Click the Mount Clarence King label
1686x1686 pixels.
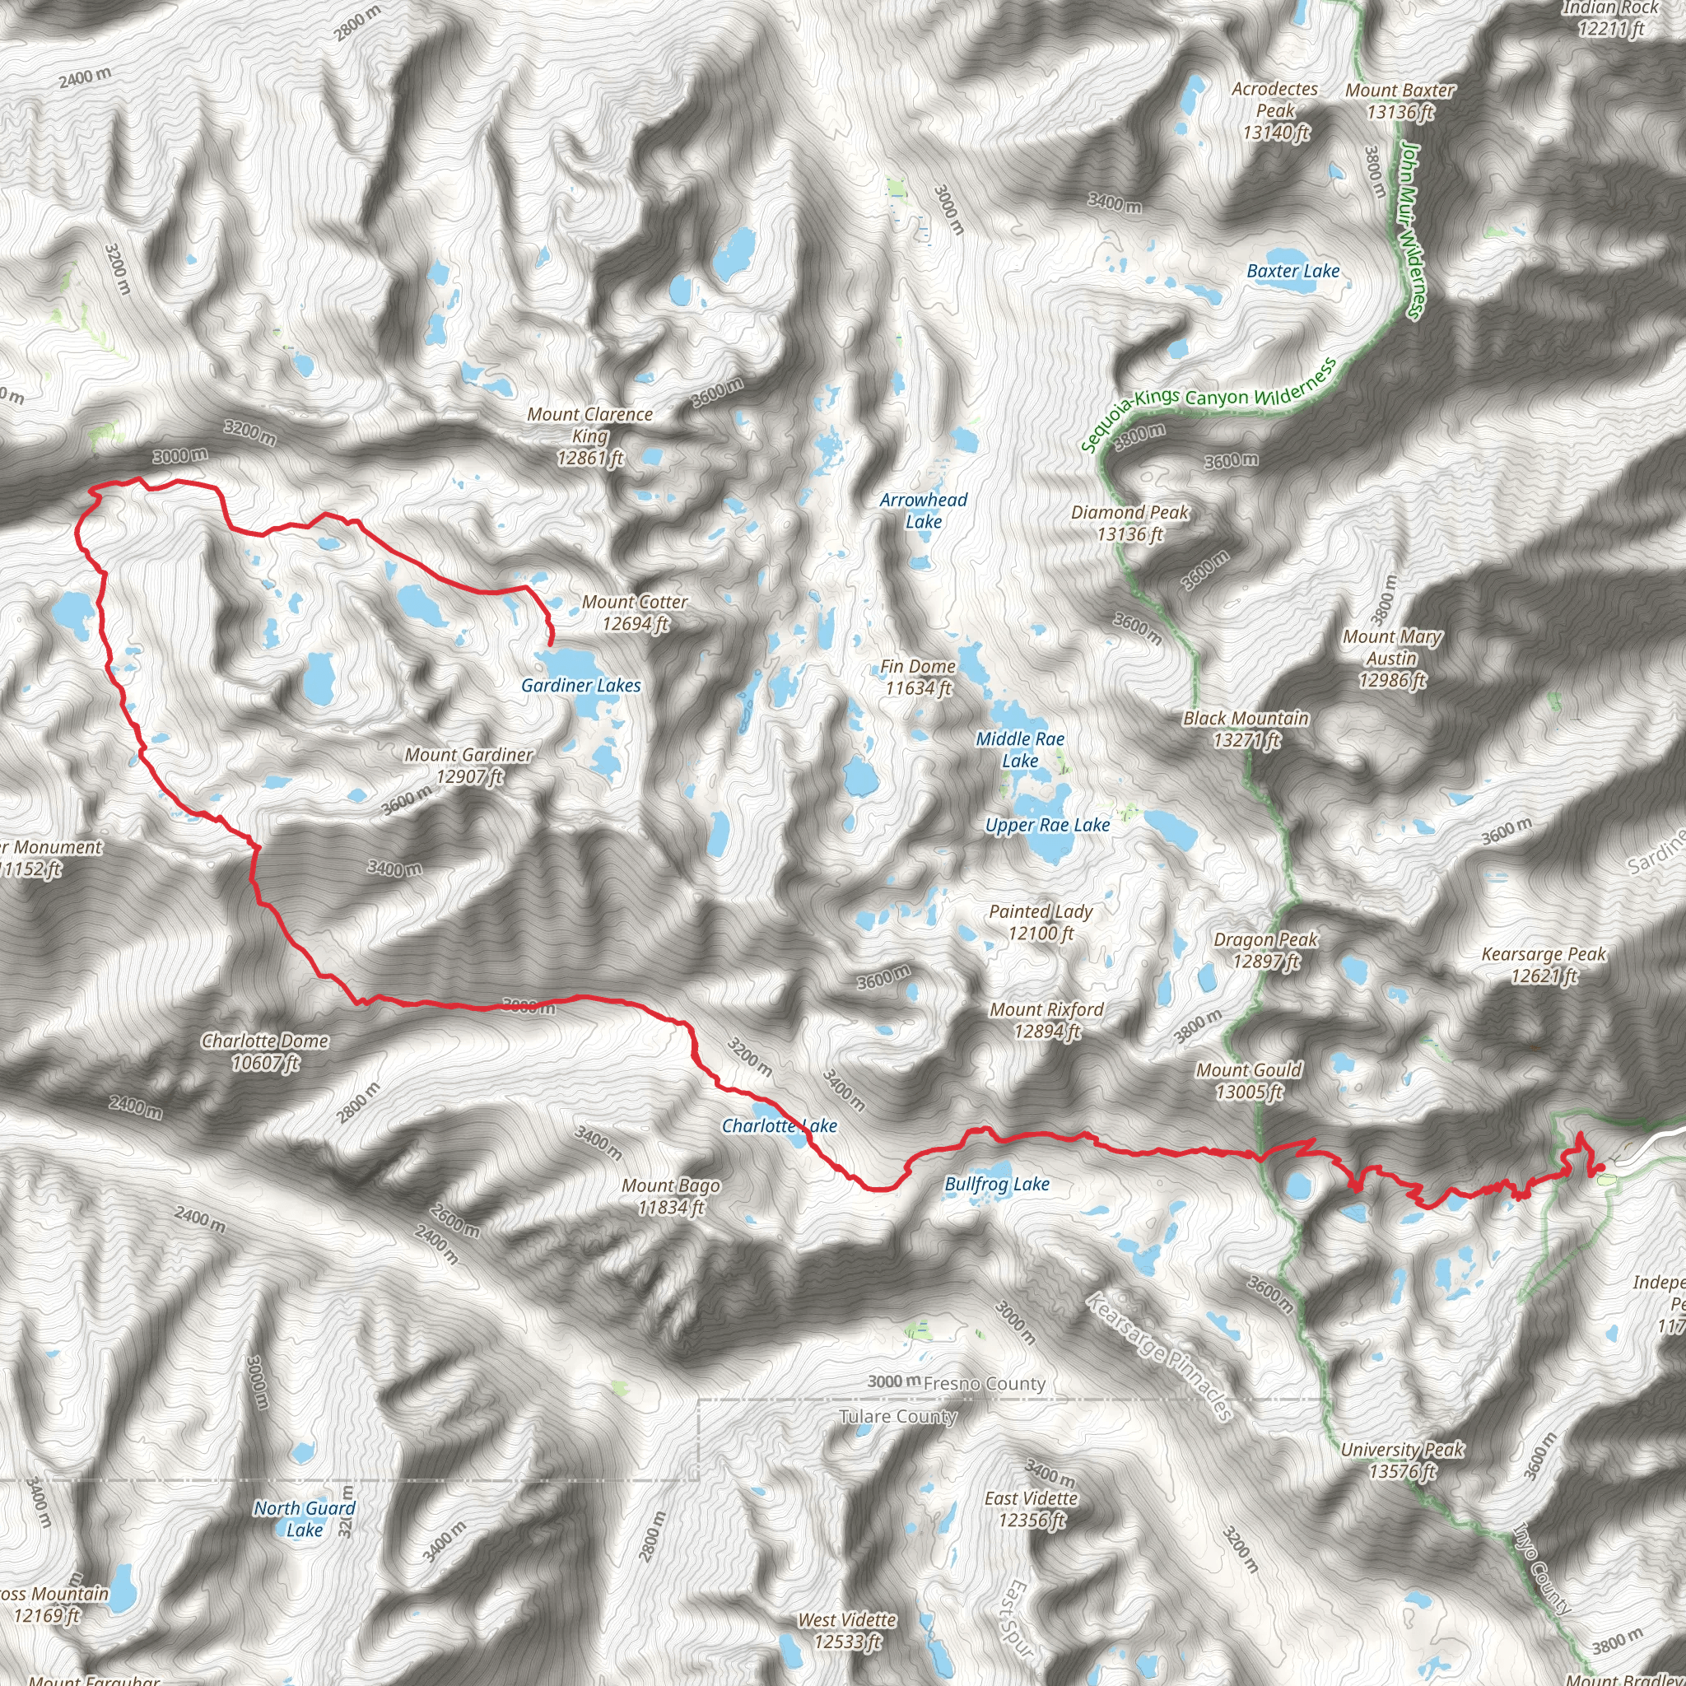590,435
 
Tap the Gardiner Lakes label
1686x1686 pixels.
580,685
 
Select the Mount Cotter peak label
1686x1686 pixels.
635,612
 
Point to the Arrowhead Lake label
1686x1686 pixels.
924,510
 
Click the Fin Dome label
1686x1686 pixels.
917,678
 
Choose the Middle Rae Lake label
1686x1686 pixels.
1020,750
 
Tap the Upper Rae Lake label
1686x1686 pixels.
1047,825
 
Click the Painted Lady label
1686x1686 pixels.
1041,922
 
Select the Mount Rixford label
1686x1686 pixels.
1046,1020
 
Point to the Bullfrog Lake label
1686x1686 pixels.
997,1184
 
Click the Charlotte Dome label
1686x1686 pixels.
265,1051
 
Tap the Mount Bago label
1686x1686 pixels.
670,1196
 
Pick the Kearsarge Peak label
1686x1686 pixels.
1543,965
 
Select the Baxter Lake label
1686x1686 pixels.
1292,272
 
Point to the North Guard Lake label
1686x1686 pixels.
305,1518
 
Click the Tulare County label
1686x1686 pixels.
897,1416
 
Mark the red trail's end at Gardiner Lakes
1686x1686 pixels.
551,644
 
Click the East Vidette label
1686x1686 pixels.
1032,1509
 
